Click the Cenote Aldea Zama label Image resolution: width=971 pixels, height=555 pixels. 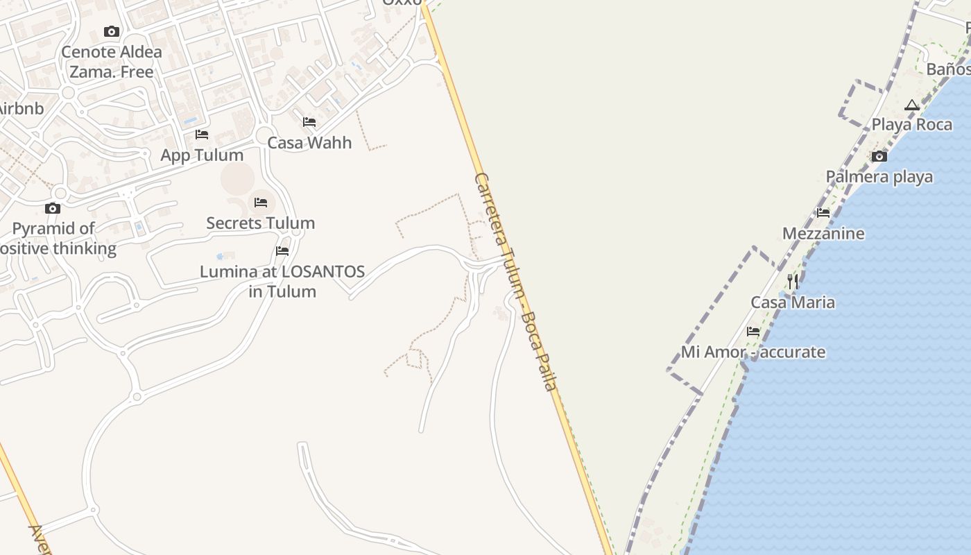click(x=112, y=61)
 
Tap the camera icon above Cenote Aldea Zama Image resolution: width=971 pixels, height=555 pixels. click(x=112, y=31)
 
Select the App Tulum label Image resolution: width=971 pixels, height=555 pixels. click(x=202, y=155)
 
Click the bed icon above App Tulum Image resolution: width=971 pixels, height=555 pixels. click(x=202, y=134)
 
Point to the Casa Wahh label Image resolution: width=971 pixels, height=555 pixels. click(x=309, y=142)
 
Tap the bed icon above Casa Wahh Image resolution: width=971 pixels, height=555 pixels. click(x=309, y=122)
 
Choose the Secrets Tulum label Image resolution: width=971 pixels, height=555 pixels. click(x=261, y=223)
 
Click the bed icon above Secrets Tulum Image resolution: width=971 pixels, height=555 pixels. click(x=261, y=203)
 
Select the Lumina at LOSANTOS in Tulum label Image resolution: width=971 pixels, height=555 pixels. click(x=282, y=281)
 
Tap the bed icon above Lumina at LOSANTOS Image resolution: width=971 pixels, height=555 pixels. click(x=282, y=251)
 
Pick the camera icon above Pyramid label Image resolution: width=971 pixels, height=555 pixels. click(x=53, y=208)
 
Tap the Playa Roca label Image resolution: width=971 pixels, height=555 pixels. click(x=911, y=124)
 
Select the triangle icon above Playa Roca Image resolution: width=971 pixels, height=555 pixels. click(x=912, y=105)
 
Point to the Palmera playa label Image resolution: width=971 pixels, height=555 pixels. click(x=879, y=176)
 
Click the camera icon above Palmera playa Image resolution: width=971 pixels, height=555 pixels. click(x=879, y=156)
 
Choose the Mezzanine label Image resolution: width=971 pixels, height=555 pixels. click(x=823, y=233)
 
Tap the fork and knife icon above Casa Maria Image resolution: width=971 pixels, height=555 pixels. click(x=793, y=282)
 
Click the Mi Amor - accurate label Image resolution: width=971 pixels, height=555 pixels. click(x=753, y=352)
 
